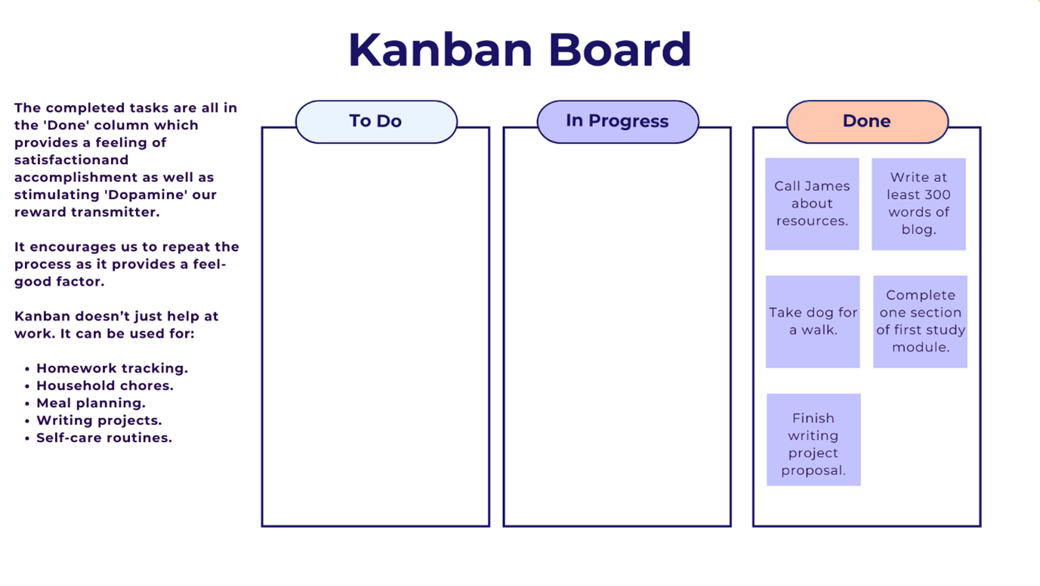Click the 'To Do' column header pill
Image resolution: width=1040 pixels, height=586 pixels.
[x=376, y=122]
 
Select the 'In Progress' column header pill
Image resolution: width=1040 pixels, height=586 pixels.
[x=618, y=122]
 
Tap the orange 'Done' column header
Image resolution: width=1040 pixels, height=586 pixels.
[x=867, y=122]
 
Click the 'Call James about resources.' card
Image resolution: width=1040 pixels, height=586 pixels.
[x=812, y=203]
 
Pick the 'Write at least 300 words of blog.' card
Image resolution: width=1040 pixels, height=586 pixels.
[x=918, y=203]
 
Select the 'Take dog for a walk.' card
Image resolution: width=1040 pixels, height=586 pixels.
[x=813, y=321]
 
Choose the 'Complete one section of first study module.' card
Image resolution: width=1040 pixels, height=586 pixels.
[x=920, y=321]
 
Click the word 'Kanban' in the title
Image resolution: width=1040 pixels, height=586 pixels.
[x=440, y=51]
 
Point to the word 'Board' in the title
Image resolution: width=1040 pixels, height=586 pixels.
[x=619, y=51]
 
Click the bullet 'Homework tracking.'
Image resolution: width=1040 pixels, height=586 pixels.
[x=112, y=368]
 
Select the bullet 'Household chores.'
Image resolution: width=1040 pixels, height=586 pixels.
[x=105, y=386]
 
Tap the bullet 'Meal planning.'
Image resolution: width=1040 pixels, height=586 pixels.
[x=91, y=403]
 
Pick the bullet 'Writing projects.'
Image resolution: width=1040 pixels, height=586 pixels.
[x=99, y=420]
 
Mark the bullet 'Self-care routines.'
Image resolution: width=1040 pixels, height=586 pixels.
[x=104, y=438]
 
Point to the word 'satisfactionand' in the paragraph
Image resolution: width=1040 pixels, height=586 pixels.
[x=72, y=160]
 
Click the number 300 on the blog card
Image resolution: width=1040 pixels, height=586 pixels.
[x=935, y=195]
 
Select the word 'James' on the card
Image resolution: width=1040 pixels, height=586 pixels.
[x=829, y=186]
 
